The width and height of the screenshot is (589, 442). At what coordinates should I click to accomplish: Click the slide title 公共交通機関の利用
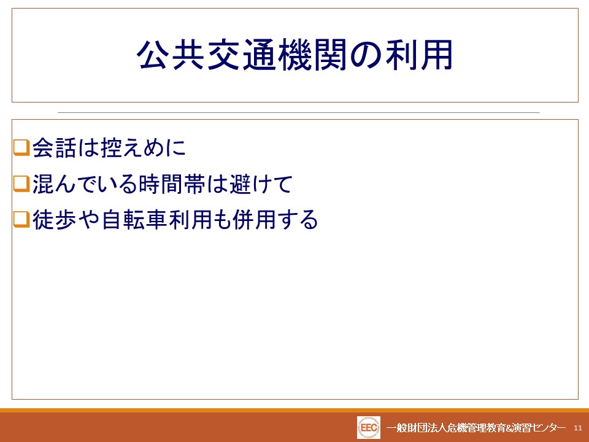295,55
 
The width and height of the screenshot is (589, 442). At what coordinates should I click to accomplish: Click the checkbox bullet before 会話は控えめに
21,147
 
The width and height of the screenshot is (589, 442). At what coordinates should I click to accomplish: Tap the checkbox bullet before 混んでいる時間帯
21,184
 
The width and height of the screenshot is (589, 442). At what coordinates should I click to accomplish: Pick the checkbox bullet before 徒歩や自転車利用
21,220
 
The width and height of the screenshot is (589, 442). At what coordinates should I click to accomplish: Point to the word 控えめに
144,147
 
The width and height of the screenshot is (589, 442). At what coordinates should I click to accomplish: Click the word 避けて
260,184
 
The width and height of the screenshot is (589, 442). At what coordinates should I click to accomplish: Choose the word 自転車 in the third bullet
134,220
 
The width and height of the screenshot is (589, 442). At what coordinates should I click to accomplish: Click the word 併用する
275,220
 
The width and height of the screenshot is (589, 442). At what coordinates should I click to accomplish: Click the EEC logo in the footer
369,428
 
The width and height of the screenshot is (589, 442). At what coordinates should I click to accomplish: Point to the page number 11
578,428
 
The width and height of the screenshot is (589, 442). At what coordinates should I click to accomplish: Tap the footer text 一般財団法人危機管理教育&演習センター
476,428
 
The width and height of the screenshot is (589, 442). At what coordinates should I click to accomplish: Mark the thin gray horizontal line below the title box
299,112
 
